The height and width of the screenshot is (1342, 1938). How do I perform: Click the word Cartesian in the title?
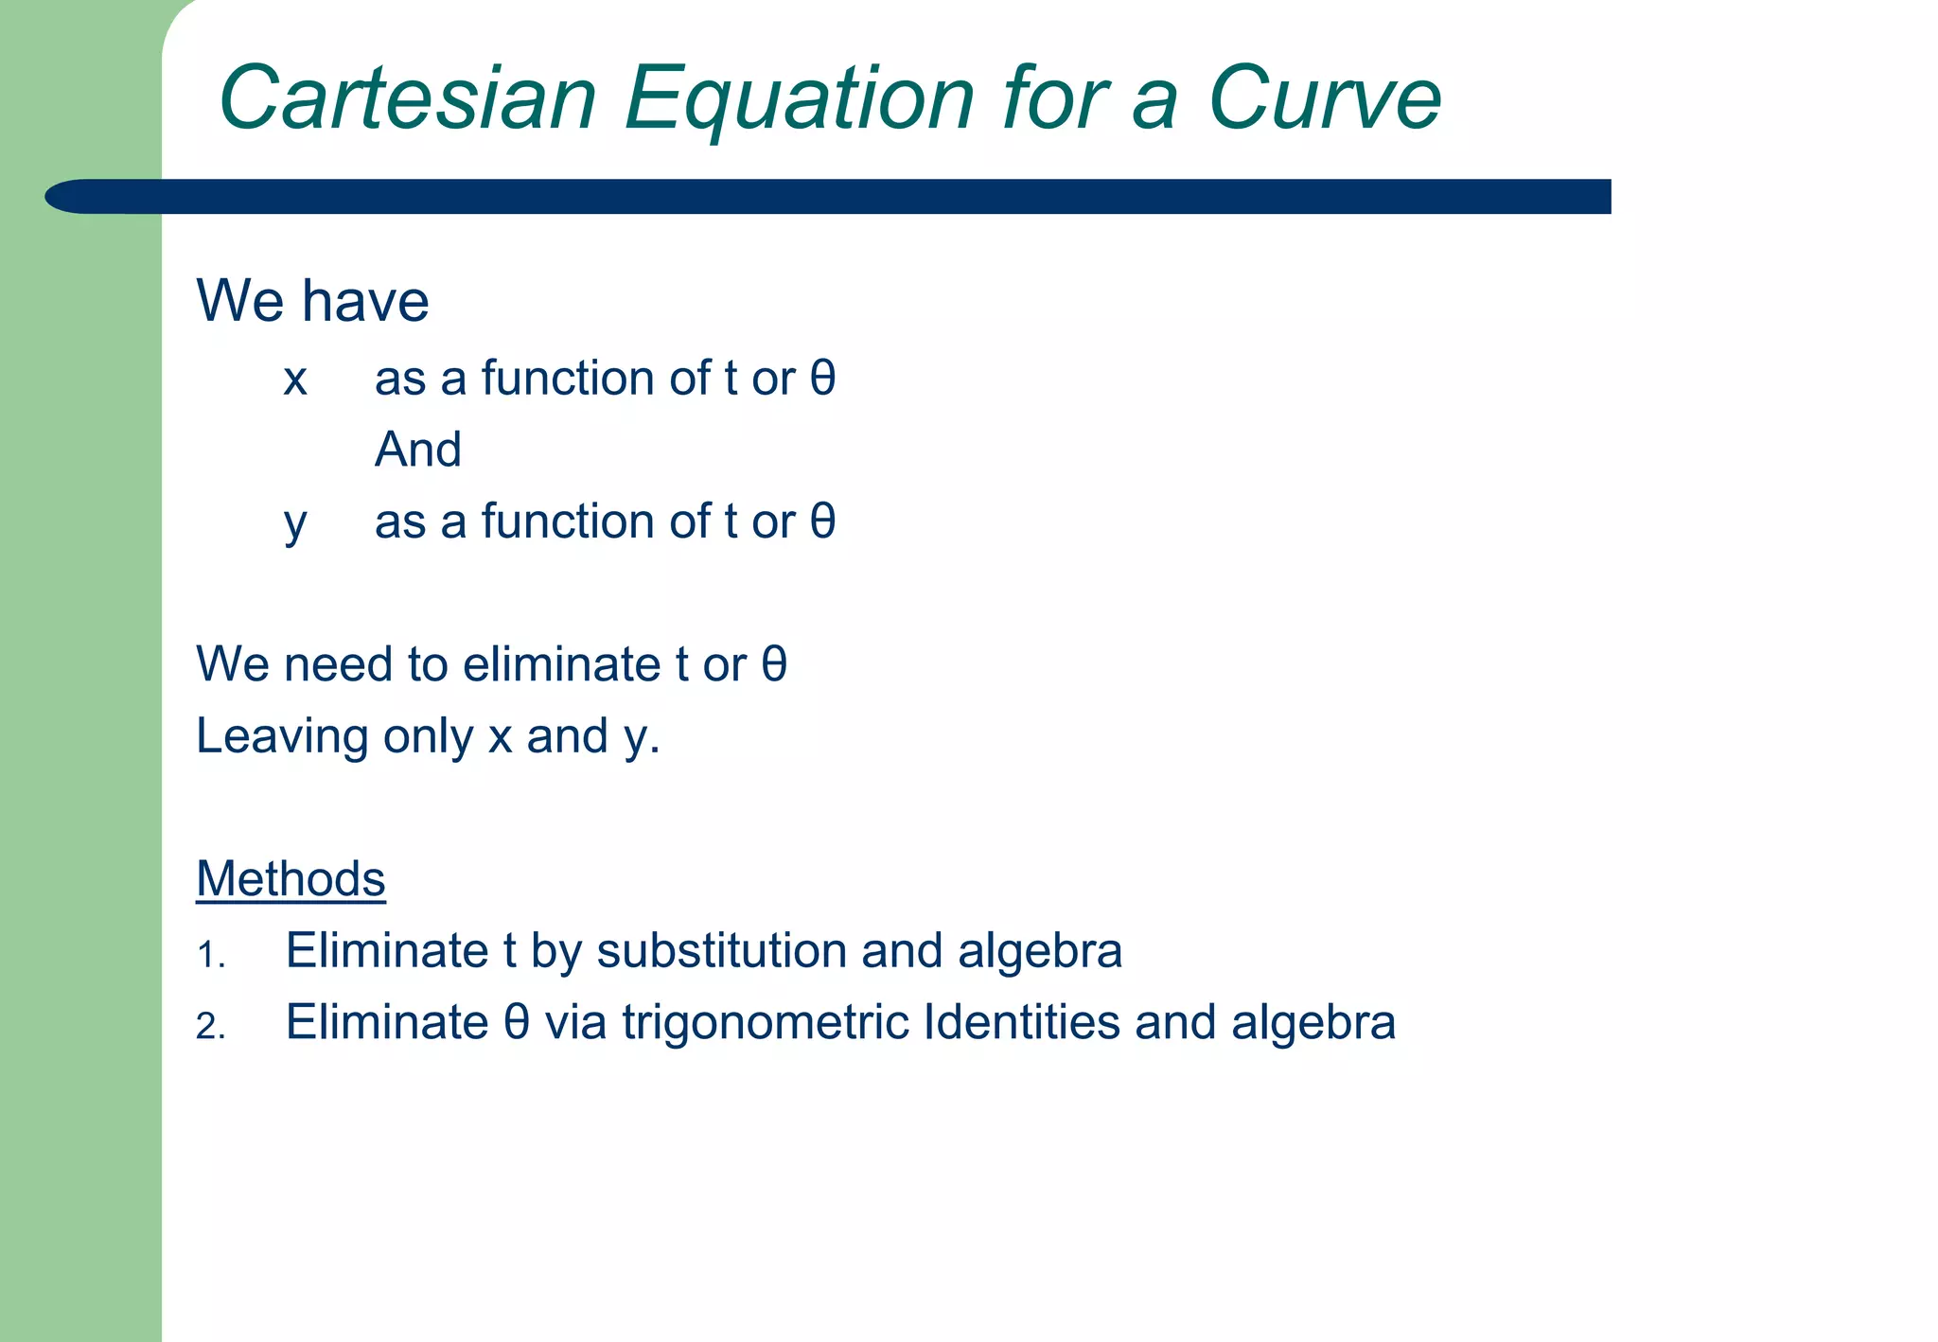click(408, 97)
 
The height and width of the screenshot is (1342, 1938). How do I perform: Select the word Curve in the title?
click(1324, 97)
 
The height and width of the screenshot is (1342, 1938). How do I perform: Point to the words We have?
click(312, 301)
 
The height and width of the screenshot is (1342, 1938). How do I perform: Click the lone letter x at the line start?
click(295, 380)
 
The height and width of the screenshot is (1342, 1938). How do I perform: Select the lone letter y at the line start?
click(295, 524)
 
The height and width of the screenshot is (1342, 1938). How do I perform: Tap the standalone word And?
click(418, 450)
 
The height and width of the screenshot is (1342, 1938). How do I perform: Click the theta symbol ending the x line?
click(822, 378)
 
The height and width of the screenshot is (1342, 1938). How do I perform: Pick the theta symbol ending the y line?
click(822, 521)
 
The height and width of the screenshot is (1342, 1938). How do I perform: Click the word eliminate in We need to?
click(561, 664)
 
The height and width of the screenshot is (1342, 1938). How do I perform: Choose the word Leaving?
click(281, 737)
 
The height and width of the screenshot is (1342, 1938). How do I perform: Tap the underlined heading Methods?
click(291, 878)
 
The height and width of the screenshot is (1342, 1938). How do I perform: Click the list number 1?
click(209, 955)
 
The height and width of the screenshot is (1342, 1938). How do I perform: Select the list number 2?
click(209, 1027)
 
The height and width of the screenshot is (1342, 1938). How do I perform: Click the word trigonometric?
click(766, 1022)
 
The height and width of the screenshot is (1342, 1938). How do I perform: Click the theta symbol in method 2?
click(516, 1022)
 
